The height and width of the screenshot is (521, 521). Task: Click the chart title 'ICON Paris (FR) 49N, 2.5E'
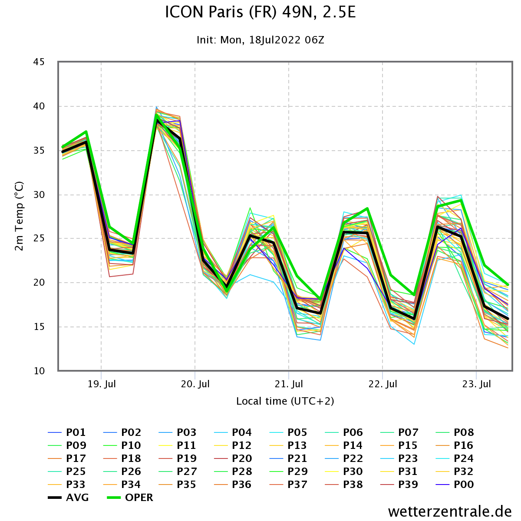[x=260, y=12]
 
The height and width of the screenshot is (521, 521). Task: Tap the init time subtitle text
[x=260, y=40]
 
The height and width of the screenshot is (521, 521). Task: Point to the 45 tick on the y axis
[x=39, y=62]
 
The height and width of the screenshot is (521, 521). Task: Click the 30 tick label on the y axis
[x=39, y=195]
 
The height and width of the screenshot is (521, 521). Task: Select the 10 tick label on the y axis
[x=39, y=371]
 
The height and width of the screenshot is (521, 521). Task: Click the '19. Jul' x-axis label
[x=102, y=384]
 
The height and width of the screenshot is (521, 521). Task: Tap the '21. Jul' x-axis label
[x=289, y=384]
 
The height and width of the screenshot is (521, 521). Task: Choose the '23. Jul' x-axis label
[x=477, y=384]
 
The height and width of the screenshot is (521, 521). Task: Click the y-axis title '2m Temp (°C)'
[x=19, y=216]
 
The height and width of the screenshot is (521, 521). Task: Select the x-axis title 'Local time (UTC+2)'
[x=285, y=401]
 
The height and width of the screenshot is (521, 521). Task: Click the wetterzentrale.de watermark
[x=450, y=511]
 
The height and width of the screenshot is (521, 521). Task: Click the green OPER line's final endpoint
[x=508, y=285]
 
